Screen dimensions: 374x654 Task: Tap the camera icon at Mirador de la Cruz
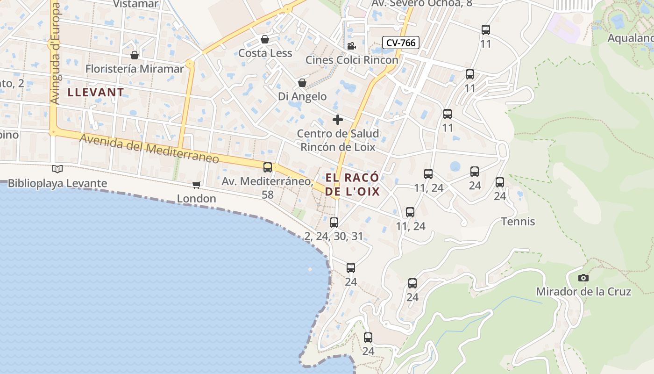pyautogui.click(x=583, y=278)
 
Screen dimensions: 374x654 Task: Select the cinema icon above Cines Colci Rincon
pyautogui.click(x=351, y=46)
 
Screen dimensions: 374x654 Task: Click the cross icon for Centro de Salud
pyautogui.click(x=338, y=120)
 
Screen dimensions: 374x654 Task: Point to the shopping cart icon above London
pyautogui.click(x=197, y=185)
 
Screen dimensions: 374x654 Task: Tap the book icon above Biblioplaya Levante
pyautogui.click(x=57, y=169)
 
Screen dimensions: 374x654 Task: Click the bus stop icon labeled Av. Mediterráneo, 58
pyautogui.click(x=268, y=167)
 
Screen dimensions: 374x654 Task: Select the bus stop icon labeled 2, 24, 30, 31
pyautogui.click(x=334, y=223)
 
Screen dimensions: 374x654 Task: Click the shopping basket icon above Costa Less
pyautogui.click(x=265, y=39)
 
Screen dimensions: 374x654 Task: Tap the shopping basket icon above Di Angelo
pyautogui.click(x=302, y=83)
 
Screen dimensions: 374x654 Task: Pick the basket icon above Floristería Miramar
pyautogui.click(x=135, y=55)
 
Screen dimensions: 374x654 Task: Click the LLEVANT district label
pyautogui.click(x=96, y=92)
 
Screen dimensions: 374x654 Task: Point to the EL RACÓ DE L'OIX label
pyautogui.click(x=352, y=185)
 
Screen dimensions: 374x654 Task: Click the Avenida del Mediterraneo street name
pyautogui.click(x=149, y=149)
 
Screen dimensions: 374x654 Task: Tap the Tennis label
pyautogui.click(x=518, y=222)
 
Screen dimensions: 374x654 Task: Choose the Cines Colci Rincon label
pyautogui.click(x=352, y=60)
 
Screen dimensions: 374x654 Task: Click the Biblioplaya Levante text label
pyautogui.click(x=57, y=183)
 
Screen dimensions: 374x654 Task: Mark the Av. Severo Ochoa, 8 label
pyautogui.click(x=422, y=4)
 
